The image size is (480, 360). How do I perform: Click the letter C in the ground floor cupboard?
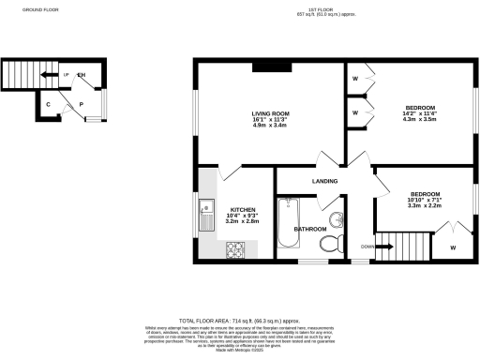pos(47,105)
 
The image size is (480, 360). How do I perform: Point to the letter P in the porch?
pos(82,105)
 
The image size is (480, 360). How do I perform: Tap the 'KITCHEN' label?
pos(243,210)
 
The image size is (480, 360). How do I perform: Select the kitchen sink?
pos(207,218)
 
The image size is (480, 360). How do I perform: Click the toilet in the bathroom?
pos(330,245)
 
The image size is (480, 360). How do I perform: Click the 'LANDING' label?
pos(324,181)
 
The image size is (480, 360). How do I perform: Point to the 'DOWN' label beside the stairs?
pos(368,247)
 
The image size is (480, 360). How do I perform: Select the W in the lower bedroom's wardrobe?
pos(452,248)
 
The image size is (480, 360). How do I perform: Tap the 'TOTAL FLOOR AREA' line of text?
pos(243,320)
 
